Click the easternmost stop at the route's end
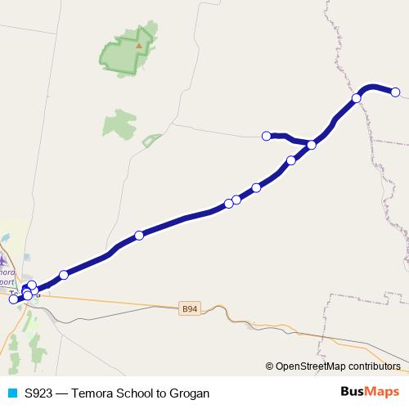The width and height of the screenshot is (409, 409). pyautogui.click(x=395, y=92)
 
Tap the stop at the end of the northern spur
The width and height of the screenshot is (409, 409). pyautogui.click(x=266, y=135)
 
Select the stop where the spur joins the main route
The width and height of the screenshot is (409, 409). pyautogui.click(x=312, y=146)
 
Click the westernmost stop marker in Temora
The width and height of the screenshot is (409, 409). pyautogui.click(x=13, y=299)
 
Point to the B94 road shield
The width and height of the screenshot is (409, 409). pyautogui.click(x=189, y=308)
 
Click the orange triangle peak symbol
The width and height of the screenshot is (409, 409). pyautogui.click(x=139, y=46)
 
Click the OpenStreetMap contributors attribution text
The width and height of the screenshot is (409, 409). pyautogui.click(x=338, y=366)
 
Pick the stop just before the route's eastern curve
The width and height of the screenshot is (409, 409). pyautogui.click(x=357, y=98)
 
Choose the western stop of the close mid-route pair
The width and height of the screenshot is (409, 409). pyautogui.click(x=229, y=203)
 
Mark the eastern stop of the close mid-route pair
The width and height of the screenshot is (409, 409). pyautogui.click(x=236, y=199)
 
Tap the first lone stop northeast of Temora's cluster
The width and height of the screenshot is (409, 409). pyautogui.click(x=64, y=274)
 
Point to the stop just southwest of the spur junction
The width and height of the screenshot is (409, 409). pyautogui.click(x=290, y=160)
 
